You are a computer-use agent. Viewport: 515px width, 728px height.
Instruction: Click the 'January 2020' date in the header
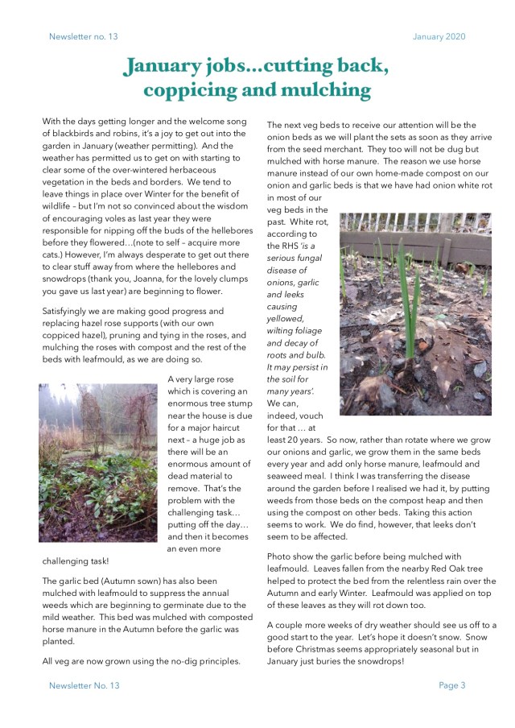tap(439, 36)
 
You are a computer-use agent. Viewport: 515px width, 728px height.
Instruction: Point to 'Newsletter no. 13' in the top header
tap(83, 36)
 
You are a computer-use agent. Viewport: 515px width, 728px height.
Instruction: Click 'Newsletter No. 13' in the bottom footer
tap(84, 685)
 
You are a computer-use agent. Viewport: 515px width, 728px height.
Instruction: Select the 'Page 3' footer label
tap(451, 685)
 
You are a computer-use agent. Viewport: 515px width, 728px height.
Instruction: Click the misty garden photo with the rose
tap(98, 462)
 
